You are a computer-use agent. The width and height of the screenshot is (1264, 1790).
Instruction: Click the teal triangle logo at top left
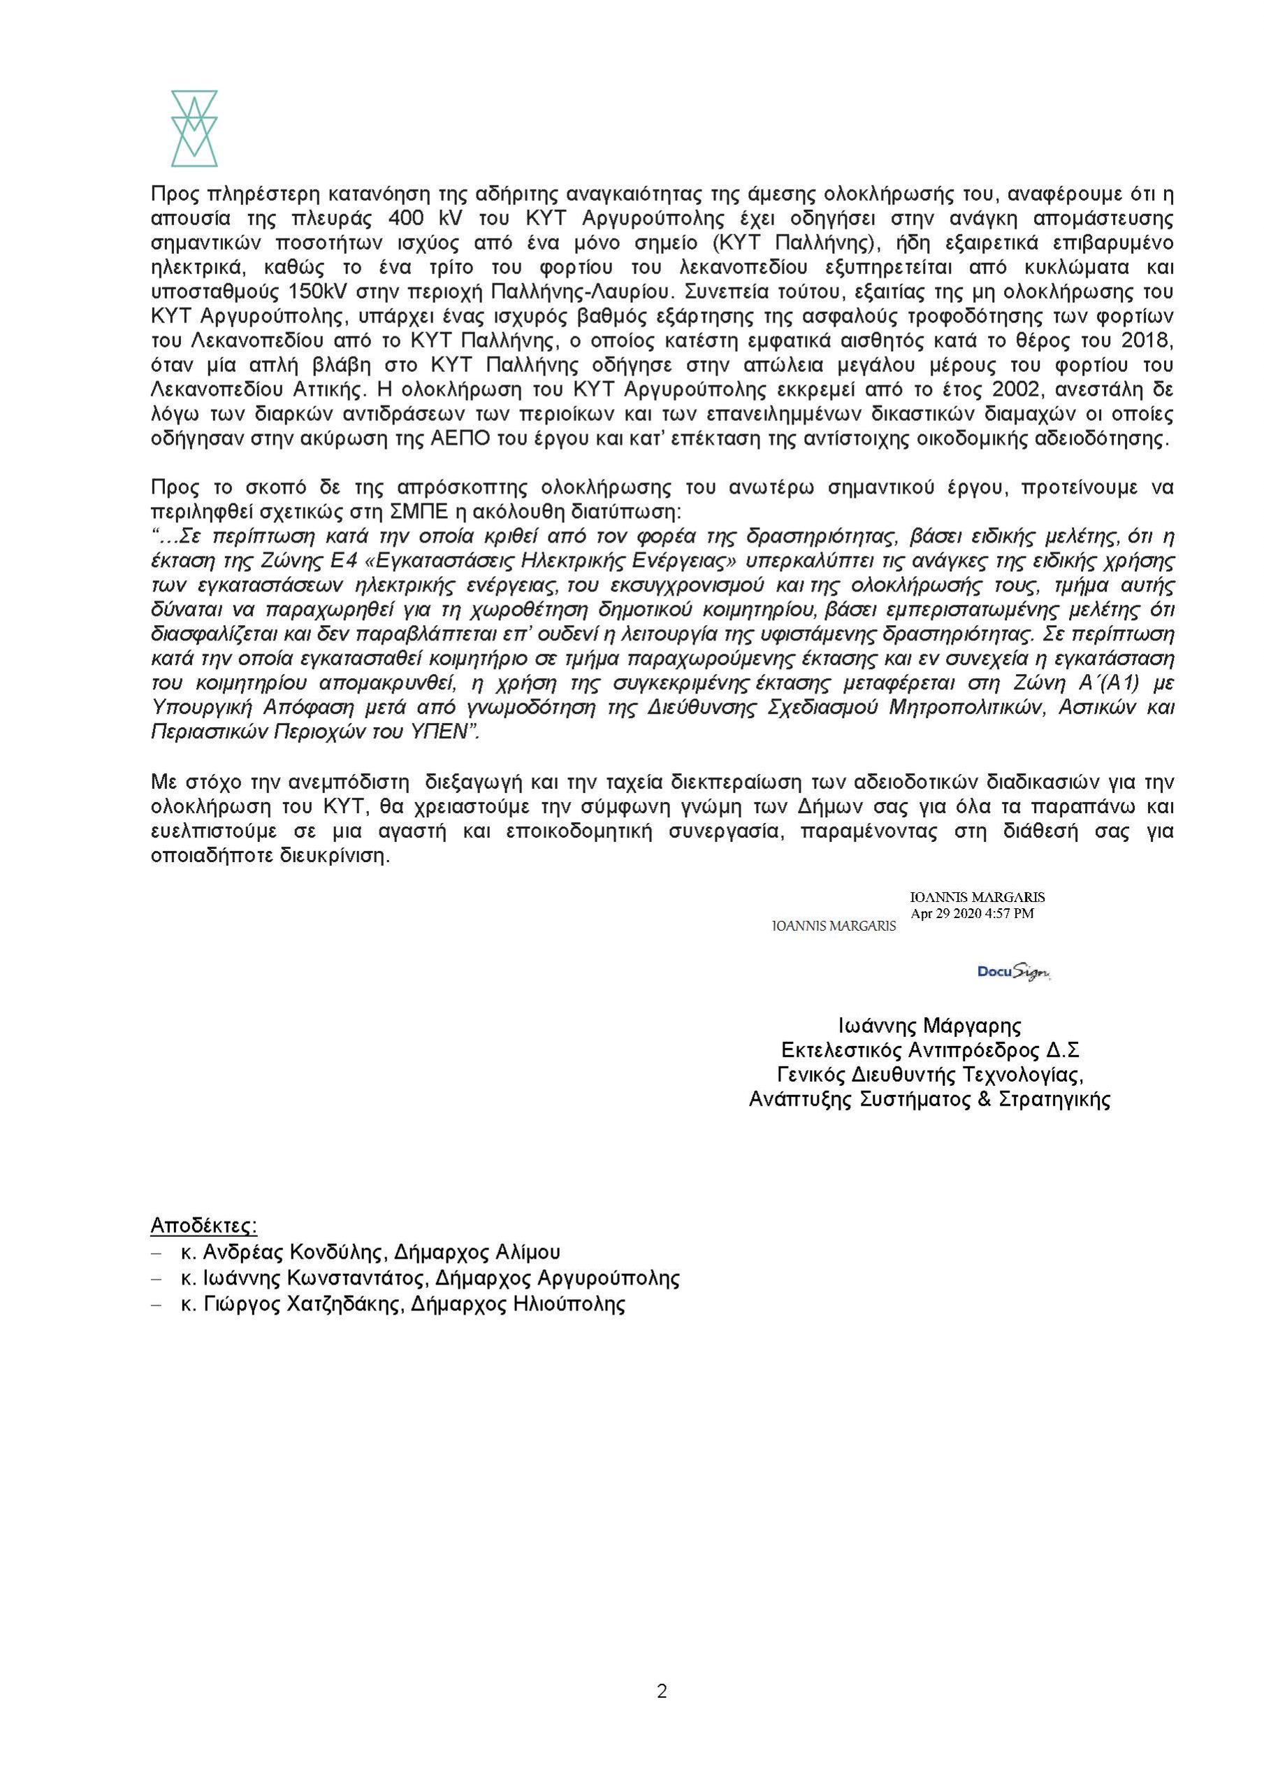point(194,128)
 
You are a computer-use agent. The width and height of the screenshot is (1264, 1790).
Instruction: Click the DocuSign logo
point(1014,971)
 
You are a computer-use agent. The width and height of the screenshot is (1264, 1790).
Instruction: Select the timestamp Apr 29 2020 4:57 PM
point(972,913)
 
